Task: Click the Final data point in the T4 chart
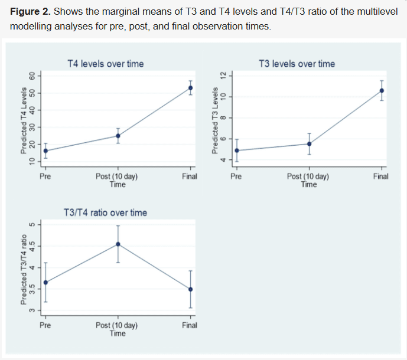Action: tap(190, 88)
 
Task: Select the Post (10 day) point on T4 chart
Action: tap(118, 136)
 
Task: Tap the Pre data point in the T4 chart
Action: tap(45, 151)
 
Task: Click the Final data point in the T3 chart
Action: tap(382, 91)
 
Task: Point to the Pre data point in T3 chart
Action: tap(237, 150)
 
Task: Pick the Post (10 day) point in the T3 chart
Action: tap(309, 144)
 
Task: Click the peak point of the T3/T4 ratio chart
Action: tap(118, 244)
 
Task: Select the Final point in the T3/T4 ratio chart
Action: tap(190, 289)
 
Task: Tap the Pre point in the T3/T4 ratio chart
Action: tap(45, 282)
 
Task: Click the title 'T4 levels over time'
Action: tap(106, 64)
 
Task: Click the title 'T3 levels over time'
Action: tap(297, 64)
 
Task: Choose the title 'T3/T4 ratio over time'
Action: tap(105, 212)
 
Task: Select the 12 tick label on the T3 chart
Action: tap(223, 74)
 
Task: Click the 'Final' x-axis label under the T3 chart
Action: tap(381, 176)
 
